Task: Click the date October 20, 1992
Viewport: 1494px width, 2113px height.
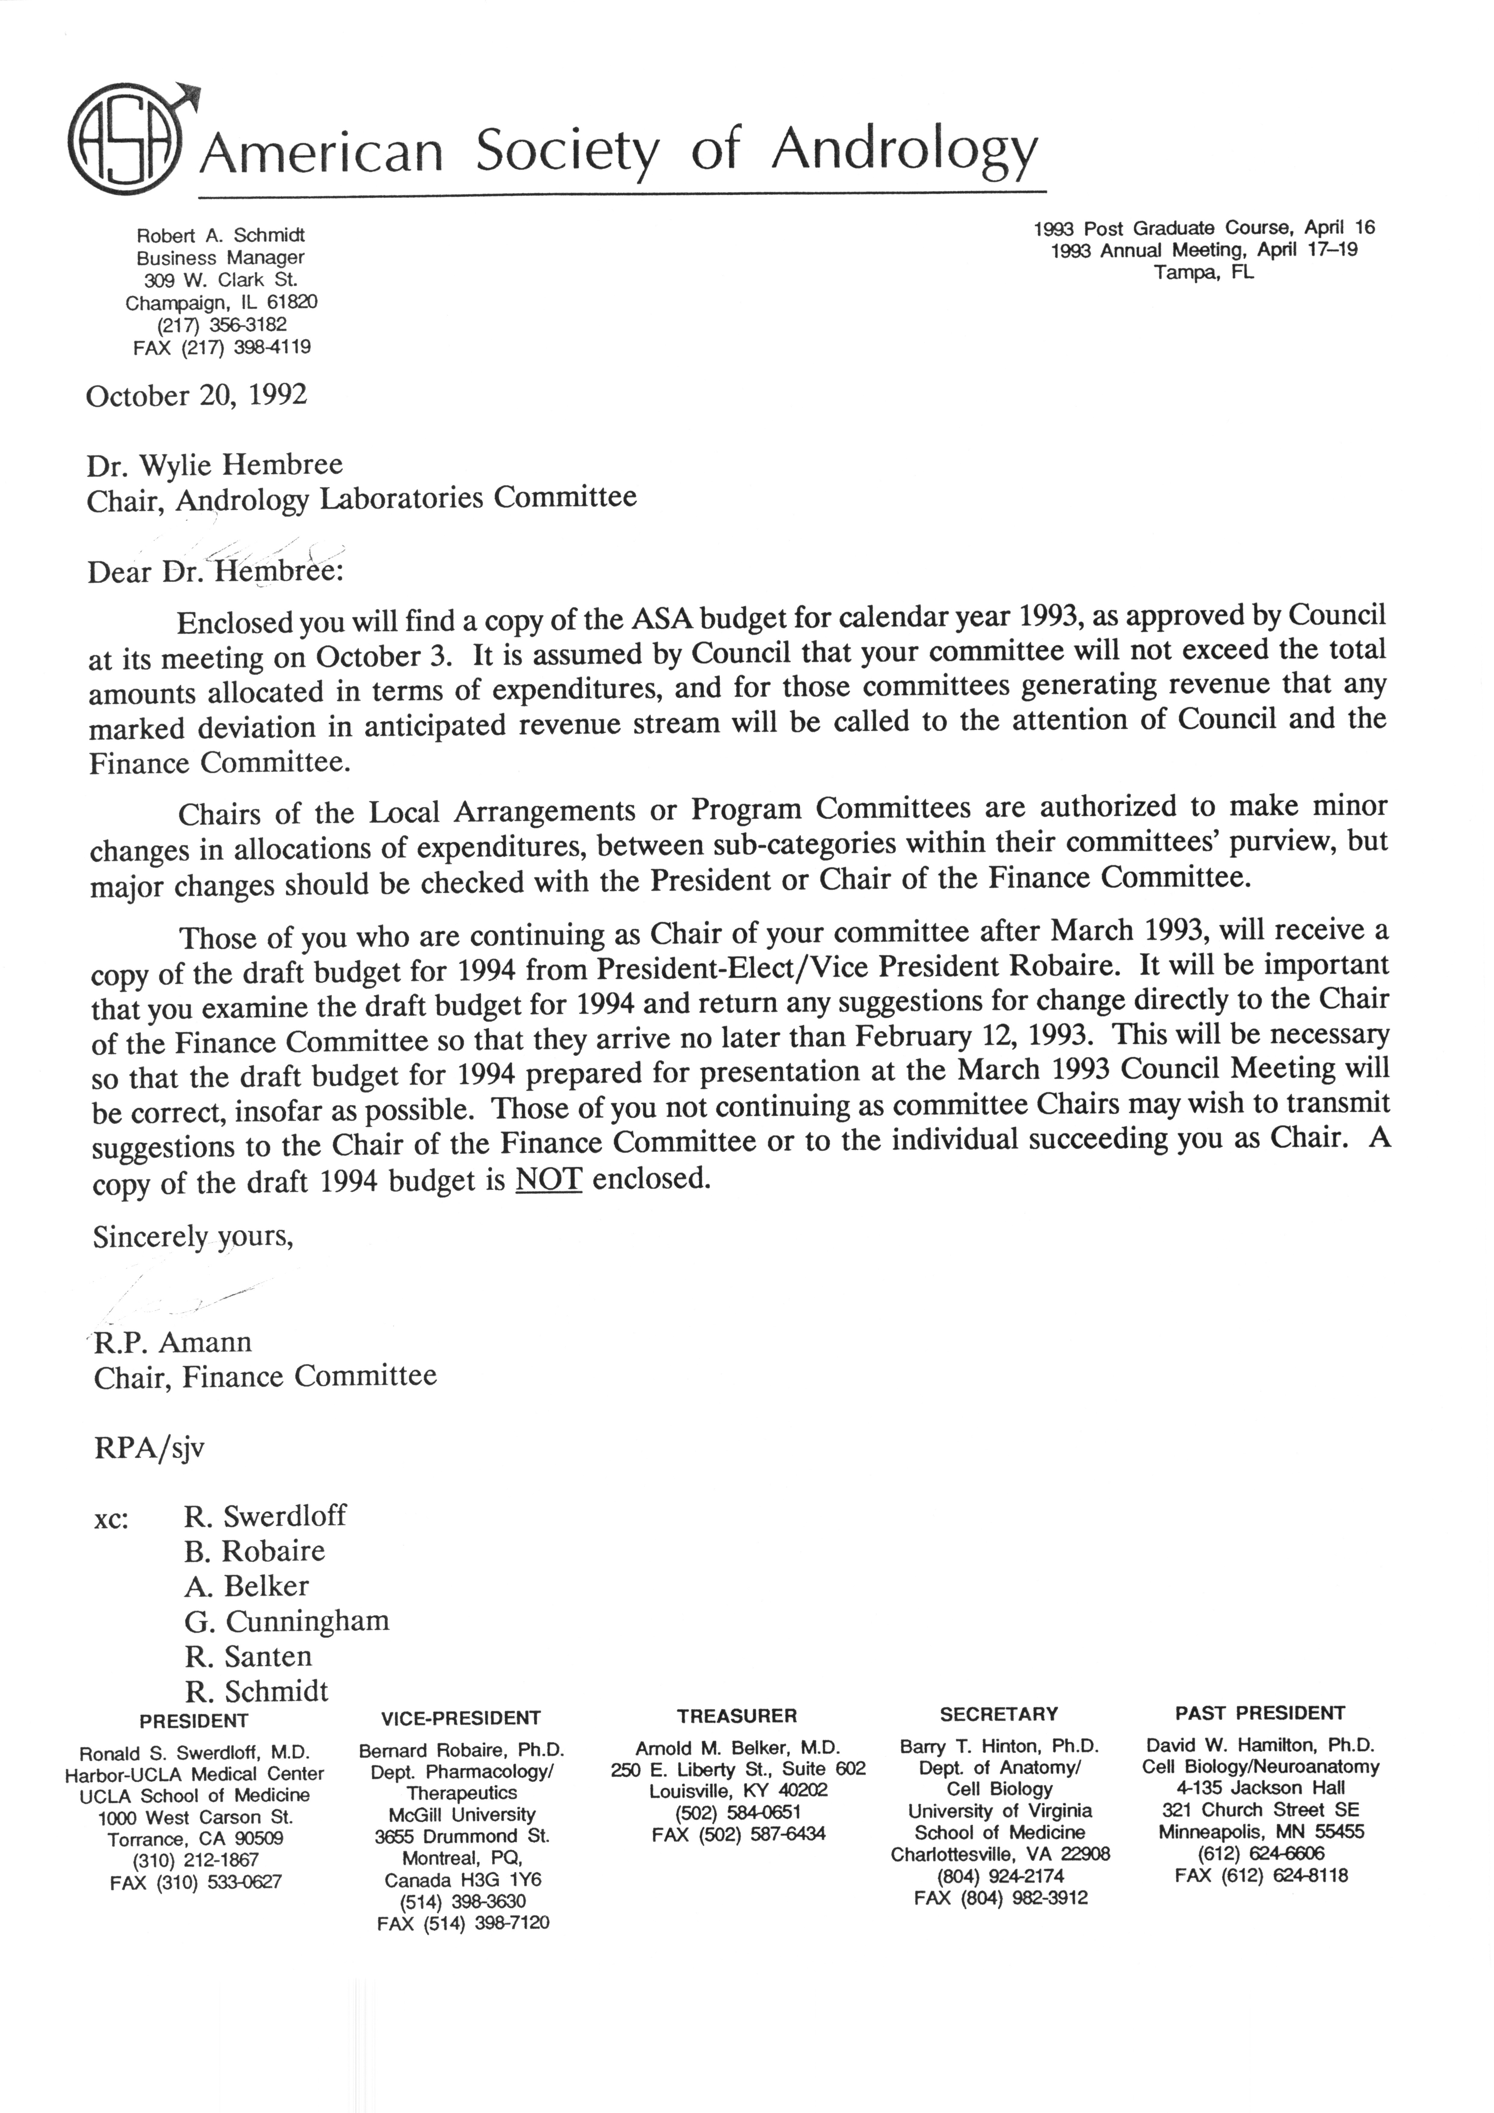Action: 196,396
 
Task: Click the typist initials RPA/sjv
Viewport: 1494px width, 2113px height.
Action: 149,1448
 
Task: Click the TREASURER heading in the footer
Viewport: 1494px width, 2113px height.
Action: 736,1716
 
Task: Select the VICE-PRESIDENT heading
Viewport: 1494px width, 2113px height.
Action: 460,1718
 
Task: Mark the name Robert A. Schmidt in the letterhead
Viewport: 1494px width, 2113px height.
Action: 221,236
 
